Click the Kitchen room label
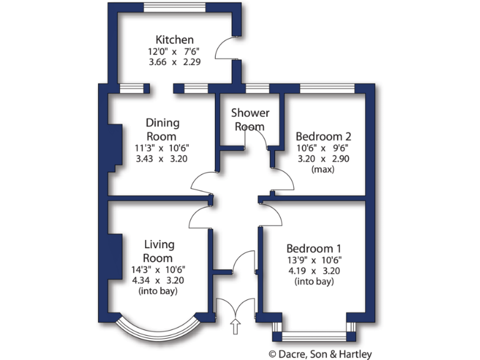coord(174,39)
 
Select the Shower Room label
coord(250,119)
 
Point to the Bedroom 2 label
coord(322,136)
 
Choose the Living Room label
coord(159,251)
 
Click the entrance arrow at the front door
coord(235,326)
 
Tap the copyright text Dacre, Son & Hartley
coord(320,354)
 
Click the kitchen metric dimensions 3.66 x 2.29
coord(174,62)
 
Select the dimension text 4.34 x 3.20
coord(159,281)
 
